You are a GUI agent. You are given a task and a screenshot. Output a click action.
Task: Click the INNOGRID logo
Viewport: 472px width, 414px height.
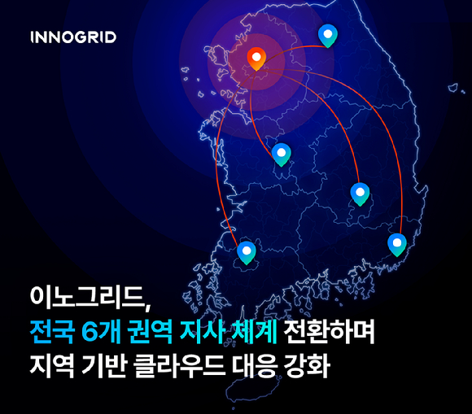click(72, 37)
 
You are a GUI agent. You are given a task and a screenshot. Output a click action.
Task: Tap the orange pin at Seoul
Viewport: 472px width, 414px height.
click(256, 59)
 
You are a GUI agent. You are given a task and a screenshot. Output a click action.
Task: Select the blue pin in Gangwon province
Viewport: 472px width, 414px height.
click(327, 35)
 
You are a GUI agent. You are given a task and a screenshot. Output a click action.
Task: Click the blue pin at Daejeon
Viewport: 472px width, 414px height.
click(282, 154)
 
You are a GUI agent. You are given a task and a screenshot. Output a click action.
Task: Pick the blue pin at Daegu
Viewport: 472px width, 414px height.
click(360, 194)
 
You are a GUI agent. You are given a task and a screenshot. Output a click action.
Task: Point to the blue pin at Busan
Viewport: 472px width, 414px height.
click(397, 243)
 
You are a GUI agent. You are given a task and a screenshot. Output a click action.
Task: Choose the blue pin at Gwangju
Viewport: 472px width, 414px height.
click(247, 252)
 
